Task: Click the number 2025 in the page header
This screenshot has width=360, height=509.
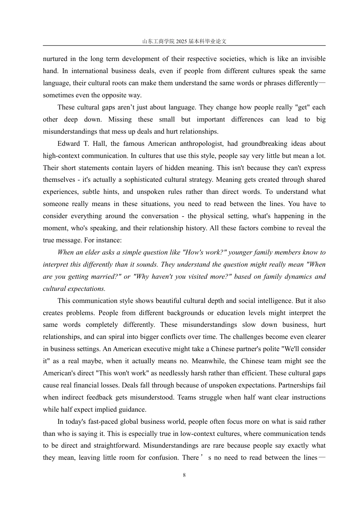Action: pyautogui.click(x=182, y=42)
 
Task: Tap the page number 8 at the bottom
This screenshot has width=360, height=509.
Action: pyautogui.click(x=184, y=475)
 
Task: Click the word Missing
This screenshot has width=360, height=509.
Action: pyautogui.click(x=120, y=119)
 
